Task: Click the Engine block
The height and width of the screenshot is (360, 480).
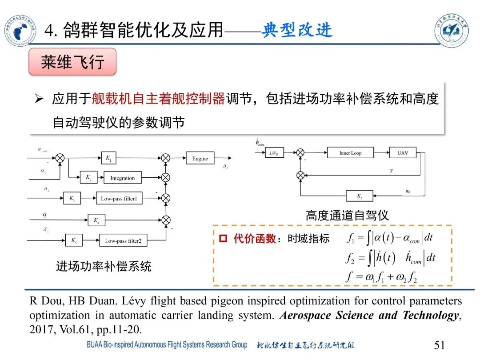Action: pyautogui.click(x=200, y=159)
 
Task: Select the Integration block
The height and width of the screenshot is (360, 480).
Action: pyautogui.click(x=122, y=178)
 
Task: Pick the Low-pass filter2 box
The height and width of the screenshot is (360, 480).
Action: pyautogui.click(x=123, y=241)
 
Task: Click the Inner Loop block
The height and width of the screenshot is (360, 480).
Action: pyautogui.click(x=350, y=153)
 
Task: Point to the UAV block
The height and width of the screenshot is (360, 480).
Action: pyautogui.click(x=403, y=153)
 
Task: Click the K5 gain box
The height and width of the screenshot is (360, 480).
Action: pyautogui.click(x=74, y=240)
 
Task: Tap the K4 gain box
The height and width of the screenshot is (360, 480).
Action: pyautogui.click(x=96, y=220)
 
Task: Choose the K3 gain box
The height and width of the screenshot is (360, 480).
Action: pyautogui.click(x=72, y=199)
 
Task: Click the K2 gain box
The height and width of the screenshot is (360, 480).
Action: pyautogui.click(x=88, y=177)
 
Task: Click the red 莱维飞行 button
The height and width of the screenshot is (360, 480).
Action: pyautogui.click(x=72, y=62)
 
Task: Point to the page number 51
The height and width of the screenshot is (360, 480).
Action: pyautogui.click(x=439, y=345)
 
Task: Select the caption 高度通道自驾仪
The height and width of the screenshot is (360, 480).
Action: pyautogui.click(x=347, y=216)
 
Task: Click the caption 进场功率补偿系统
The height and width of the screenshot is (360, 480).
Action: pyautogui.click(x=104, y=266)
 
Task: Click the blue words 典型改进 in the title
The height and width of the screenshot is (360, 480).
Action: pyautogui.click(x=297, y=31)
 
